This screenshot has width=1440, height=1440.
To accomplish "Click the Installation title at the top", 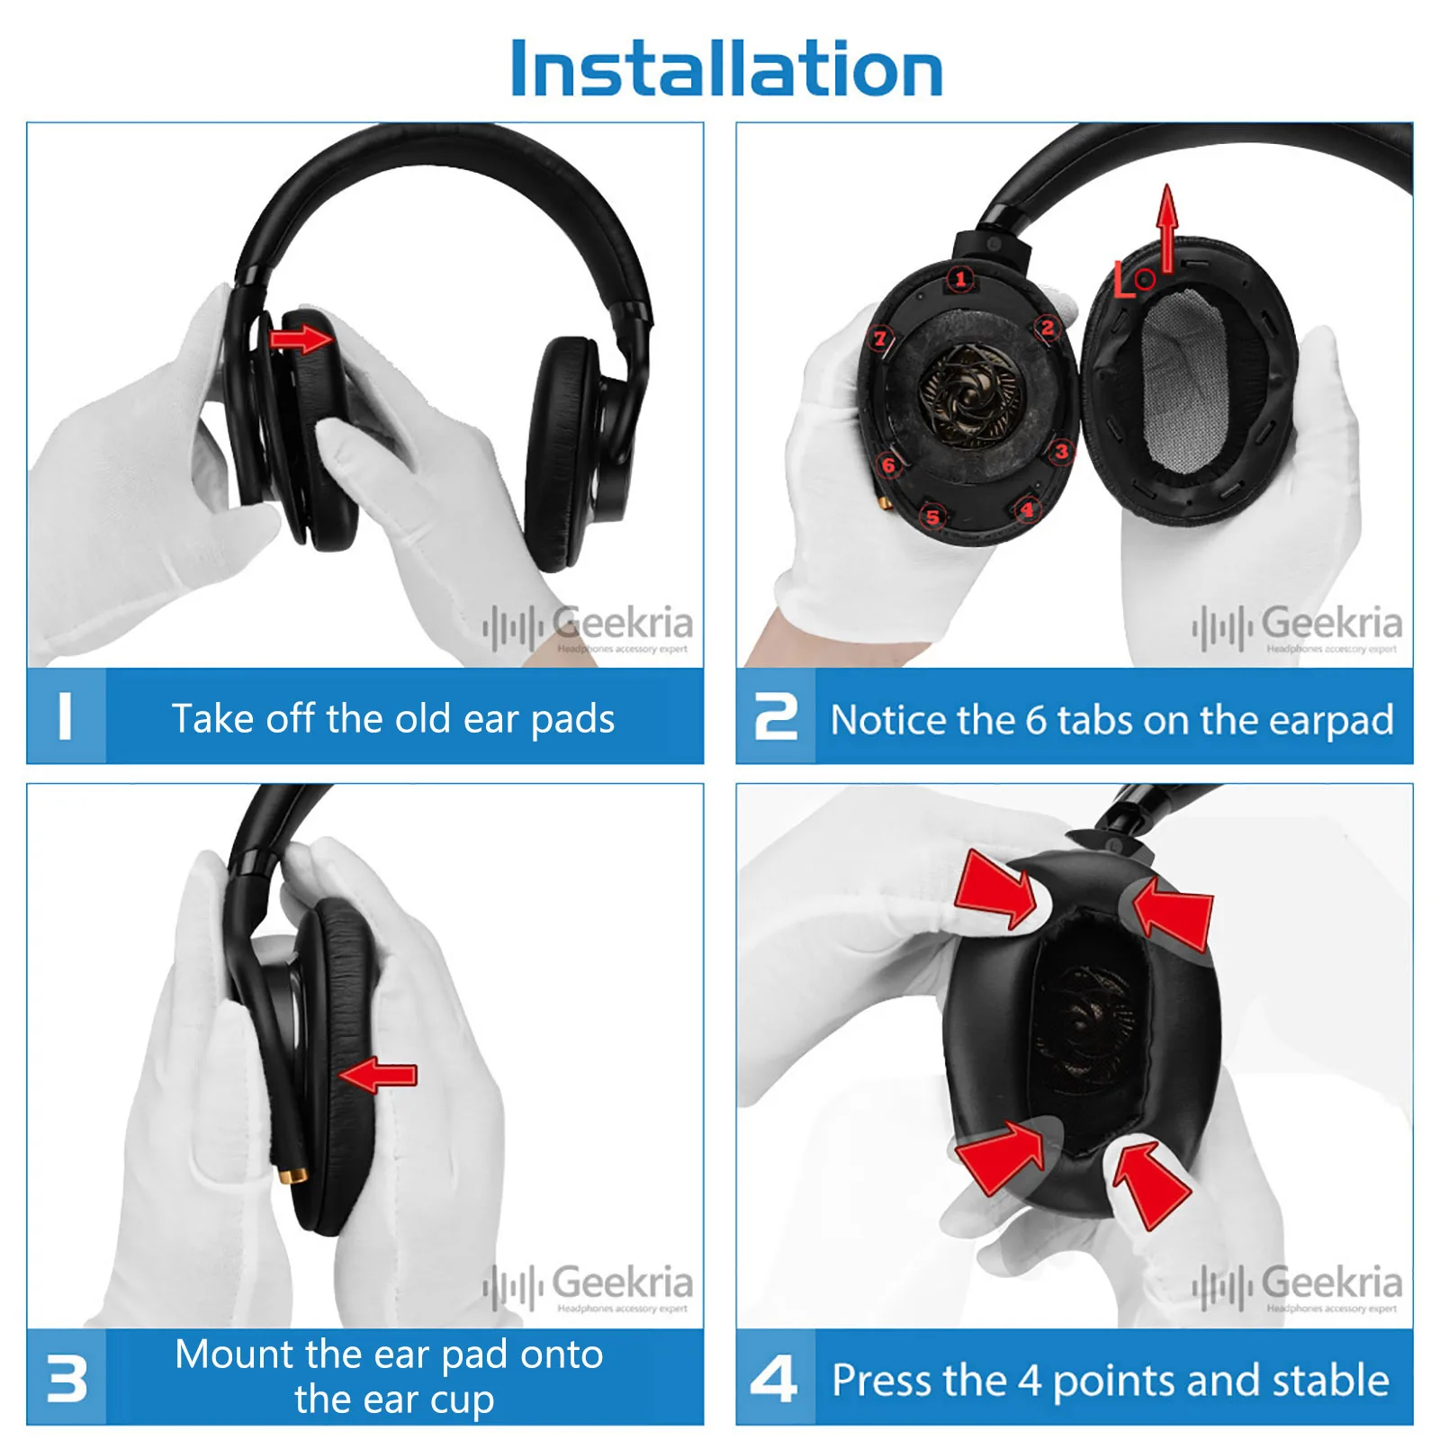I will (725, 69).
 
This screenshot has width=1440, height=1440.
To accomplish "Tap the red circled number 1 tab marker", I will (961, 279).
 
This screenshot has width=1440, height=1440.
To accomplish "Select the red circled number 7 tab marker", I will (880, 338).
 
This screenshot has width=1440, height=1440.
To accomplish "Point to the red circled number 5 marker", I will (932, 517).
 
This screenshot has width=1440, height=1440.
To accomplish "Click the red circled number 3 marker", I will (1062, 451).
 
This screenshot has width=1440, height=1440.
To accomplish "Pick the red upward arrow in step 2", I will (1167, 225).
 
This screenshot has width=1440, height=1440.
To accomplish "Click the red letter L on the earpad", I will (1124, 281).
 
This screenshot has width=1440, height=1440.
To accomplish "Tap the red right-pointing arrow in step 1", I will (301, 339).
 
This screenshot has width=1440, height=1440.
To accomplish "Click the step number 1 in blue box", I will (65, 717).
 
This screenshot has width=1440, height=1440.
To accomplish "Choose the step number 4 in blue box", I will (774, 1379).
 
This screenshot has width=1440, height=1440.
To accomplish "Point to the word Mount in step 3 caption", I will (235, 1354).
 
